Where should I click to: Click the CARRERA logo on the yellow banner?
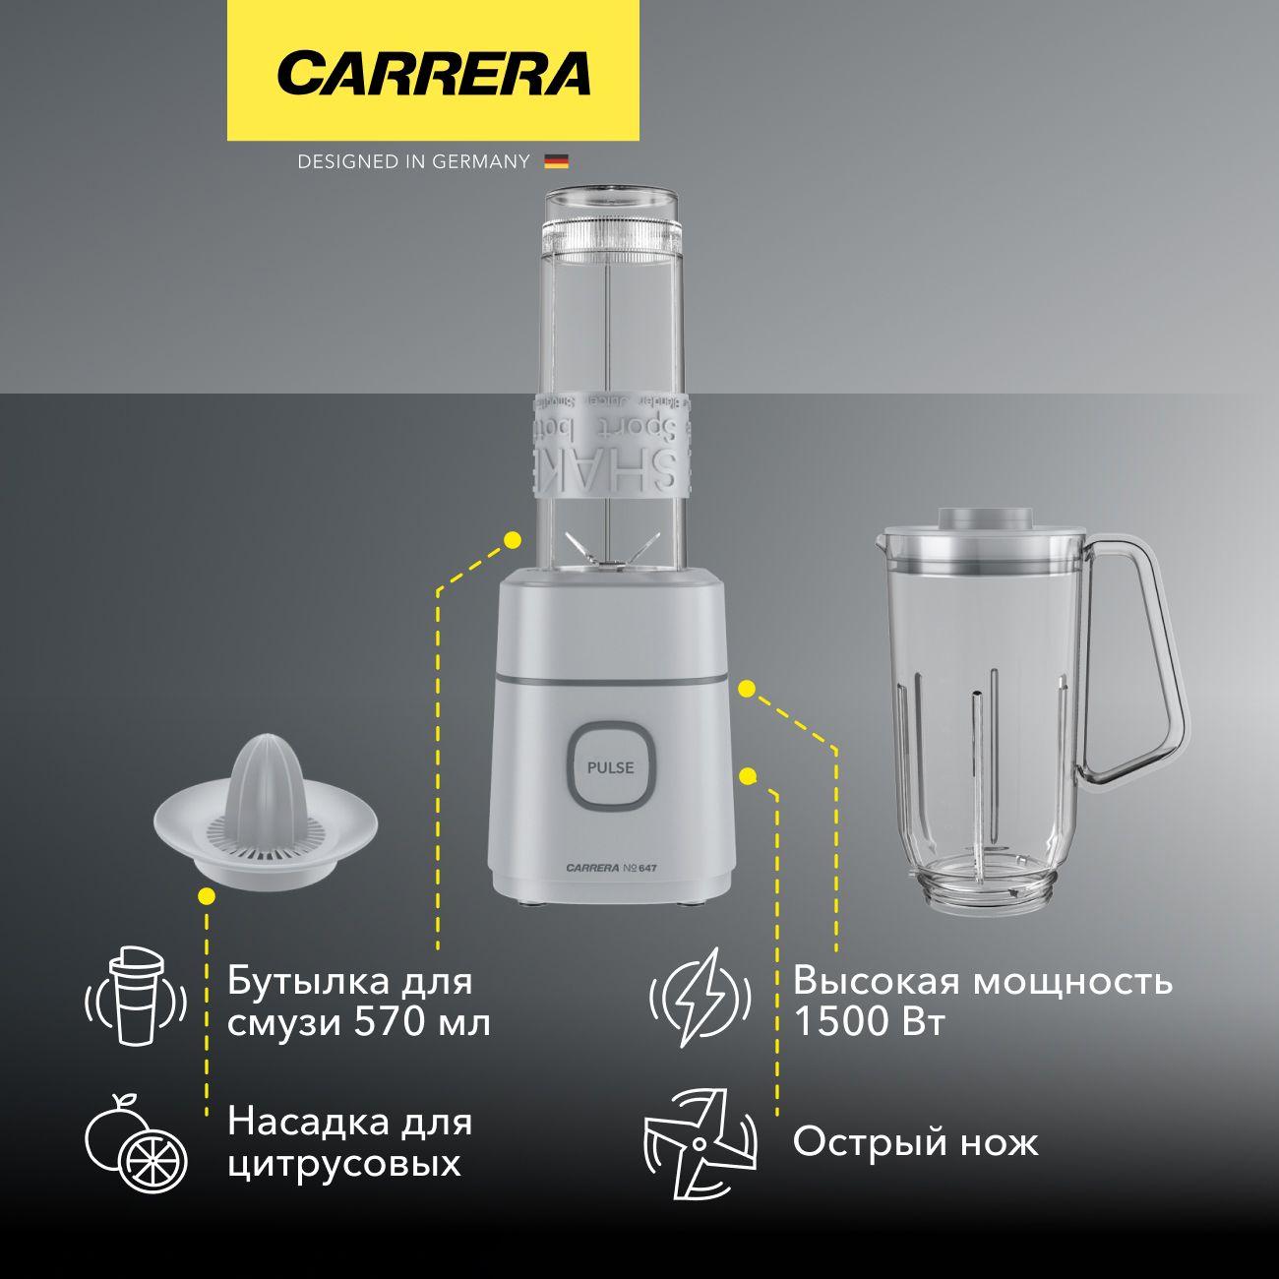pos(434,73)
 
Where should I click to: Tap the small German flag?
pos(557,162)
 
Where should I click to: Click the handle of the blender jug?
pos(1140,659)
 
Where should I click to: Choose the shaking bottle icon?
pos(136,996)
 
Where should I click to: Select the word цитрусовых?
pos(344,1165)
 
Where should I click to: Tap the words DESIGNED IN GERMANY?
pos(413,162)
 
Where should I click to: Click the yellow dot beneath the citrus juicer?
pos(207,895)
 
